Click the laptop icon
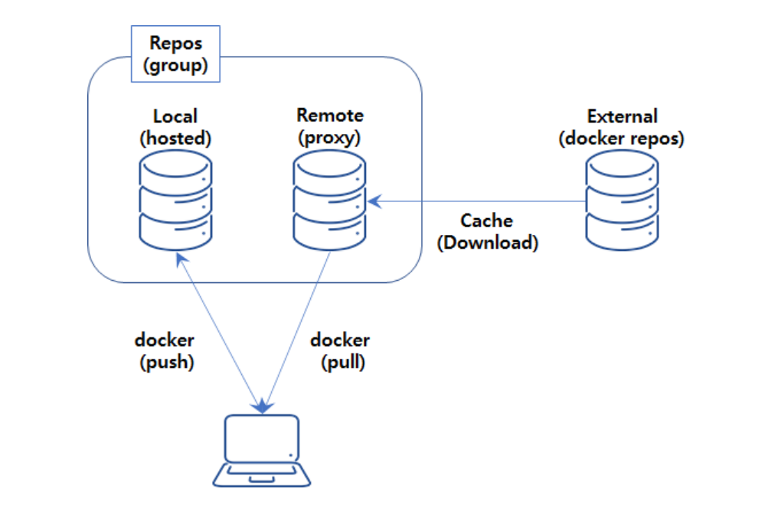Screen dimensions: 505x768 (262, 451)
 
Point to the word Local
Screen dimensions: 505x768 (175, 116)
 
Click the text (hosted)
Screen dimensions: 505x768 (175, 138)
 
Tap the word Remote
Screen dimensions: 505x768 (330, 116)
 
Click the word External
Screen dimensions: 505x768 (622, 116)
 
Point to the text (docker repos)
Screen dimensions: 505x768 (622, 138)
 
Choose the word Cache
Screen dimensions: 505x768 (487, 221)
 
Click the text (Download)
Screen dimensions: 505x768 (487, 243)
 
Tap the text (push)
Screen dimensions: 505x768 (167, 362)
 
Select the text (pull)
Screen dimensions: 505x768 (343, 362)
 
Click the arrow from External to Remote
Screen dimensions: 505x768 (475, 202)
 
